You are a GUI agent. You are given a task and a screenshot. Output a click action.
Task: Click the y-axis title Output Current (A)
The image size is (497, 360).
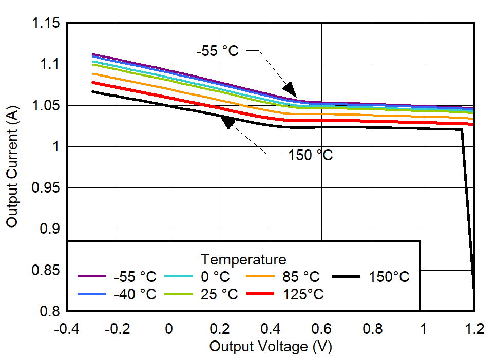tap(12, 167)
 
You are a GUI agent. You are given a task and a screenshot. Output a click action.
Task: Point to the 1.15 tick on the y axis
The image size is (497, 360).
tap(46, 24)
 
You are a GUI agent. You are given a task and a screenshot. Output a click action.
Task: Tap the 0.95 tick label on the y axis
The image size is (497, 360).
tap(46, 188)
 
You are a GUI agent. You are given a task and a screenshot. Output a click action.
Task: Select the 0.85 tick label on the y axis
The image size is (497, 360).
tap(46, 270)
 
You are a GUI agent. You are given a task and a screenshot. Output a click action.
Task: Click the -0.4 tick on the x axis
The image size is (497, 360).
tap(67, 329)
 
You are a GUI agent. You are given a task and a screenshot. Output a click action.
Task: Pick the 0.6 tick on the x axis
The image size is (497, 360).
tap(321, 329)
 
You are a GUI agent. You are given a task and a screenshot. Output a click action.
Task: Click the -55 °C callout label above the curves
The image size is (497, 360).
tap(217, 51)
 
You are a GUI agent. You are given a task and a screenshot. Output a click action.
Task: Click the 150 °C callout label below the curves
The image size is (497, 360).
tap(310, 155)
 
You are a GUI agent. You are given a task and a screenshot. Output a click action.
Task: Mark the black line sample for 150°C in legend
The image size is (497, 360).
tap(347, 277)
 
